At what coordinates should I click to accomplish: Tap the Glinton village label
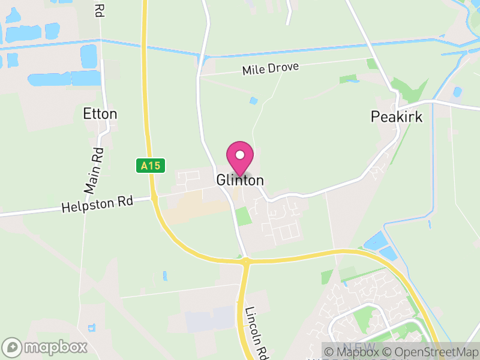(240, 180)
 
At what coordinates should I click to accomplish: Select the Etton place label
(100, 114)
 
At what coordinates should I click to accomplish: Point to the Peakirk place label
(397, 116)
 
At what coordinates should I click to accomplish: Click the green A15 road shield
(149, 165)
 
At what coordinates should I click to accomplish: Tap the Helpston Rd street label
(97, 205)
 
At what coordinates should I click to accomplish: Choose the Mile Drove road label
(270, 68)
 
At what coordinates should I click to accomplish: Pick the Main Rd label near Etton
(95, 170)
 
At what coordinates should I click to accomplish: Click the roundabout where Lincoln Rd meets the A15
(245, 261)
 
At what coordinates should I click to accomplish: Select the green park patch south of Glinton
(242, 216)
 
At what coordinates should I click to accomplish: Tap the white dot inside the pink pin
(240, 155)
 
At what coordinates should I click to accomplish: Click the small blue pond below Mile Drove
(254, 100)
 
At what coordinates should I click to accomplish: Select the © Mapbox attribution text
(355, 351)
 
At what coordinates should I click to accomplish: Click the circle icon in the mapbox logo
(14, 347)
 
